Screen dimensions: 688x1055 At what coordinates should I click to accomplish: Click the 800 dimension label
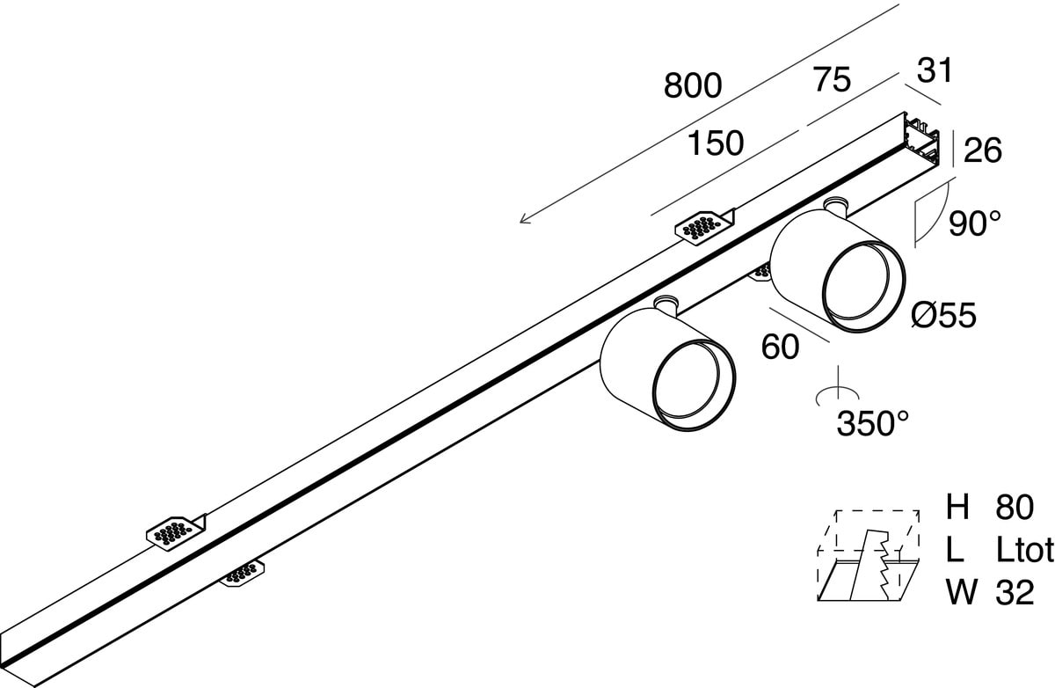click(693, 86)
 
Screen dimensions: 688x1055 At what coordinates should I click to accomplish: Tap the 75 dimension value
click(831, 80)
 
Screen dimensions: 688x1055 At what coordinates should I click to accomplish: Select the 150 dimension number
click(716, 143)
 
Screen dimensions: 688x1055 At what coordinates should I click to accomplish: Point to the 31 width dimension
click(934, 70)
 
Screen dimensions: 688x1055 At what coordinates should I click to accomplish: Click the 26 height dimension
click(982, 150)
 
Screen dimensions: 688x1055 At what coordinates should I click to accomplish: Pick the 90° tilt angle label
click(975, 223)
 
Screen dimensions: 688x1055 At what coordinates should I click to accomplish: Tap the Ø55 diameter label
click(943, 314)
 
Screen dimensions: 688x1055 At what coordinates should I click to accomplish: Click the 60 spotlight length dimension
click(780, 347)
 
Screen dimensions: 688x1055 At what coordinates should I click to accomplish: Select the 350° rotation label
click(872, 425)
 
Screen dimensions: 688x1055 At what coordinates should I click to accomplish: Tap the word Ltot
click(1025, 550)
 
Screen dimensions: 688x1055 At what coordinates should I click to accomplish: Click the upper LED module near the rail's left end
click(174, 531)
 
